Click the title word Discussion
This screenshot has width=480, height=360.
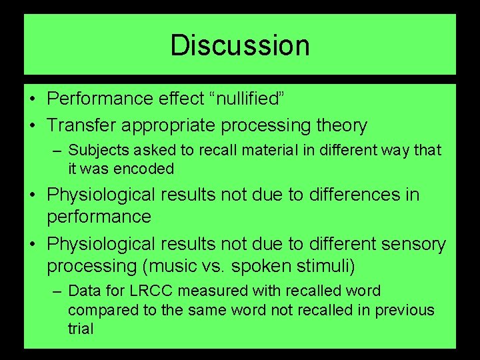point(240,45)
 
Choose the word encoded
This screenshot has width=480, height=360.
point(143,169)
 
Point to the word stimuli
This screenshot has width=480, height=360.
point(329,266)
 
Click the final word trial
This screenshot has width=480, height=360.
point(80,329)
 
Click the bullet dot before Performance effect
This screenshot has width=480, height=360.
point(32,99)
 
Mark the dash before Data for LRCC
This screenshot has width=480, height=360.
point(58,291)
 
